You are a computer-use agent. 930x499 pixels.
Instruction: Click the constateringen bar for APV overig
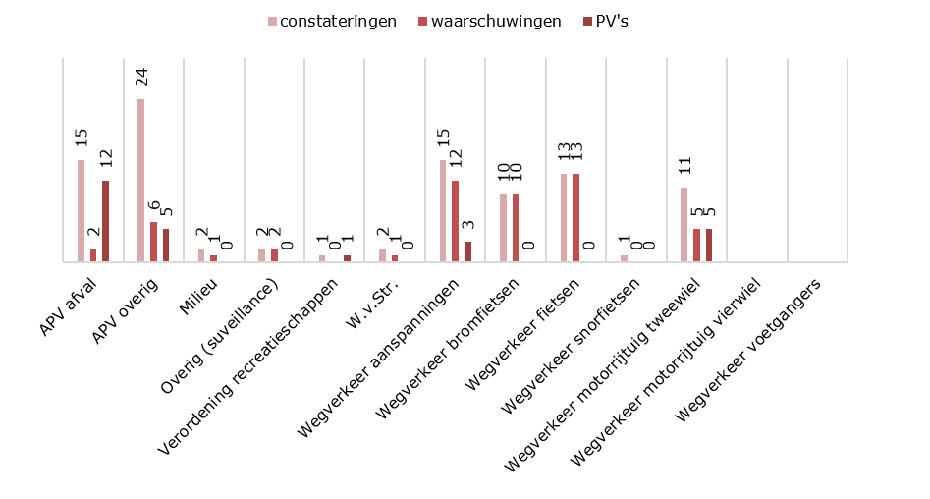tap(141, 180)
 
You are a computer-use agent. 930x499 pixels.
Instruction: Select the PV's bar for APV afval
tap(106, 221)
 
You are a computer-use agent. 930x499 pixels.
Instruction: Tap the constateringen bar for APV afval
tap(82, 210)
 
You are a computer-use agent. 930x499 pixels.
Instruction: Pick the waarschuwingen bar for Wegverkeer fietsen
tap(576, 217)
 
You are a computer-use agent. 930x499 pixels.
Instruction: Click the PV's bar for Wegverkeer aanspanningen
tap(467, 251)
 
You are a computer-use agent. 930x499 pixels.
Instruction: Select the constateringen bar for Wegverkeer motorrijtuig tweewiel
tap(684, 224)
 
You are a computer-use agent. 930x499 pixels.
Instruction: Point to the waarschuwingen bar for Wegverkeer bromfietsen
tap(516, 228)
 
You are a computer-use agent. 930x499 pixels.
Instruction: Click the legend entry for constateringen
tap(333, 21)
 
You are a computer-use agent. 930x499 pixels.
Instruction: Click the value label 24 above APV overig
tap(141, 79)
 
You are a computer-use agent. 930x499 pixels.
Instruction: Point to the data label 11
tap(684, 168)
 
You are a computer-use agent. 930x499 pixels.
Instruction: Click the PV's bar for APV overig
tap(166, 245)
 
